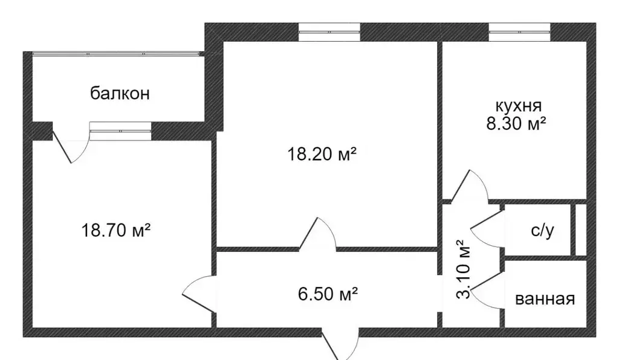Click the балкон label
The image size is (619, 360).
120,94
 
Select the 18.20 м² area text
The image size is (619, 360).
321,155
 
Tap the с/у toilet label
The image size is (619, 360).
542,231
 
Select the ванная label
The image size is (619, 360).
545,299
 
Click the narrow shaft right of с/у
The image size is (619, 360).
580,230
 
